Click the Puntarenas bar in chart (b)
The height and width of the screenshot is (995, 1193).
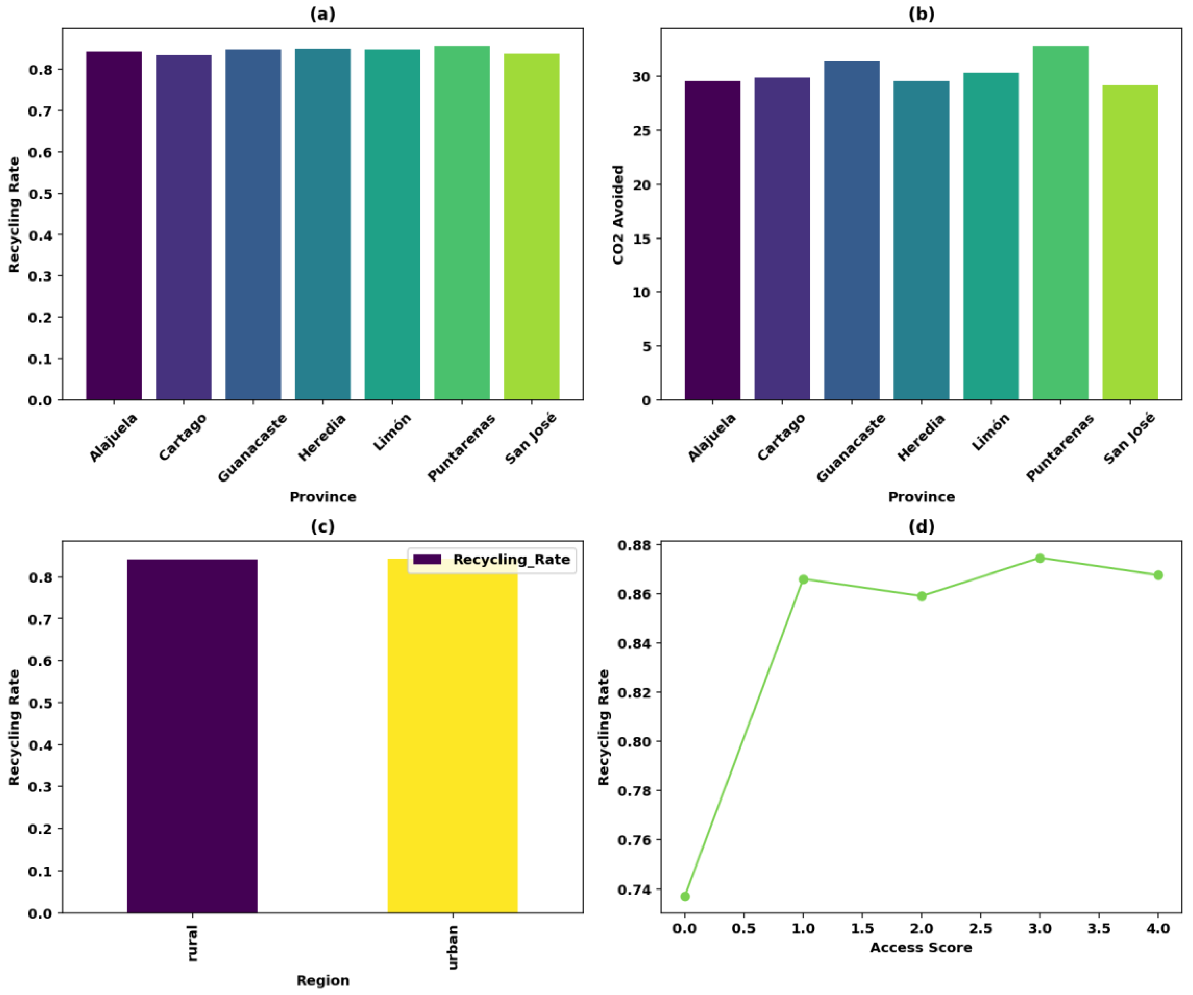[x=1060, y=223]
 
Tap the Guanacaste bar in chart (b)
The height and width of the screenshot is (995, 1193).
[x=851, y=230]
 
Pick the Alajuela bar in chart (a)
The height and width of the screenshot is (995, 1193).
[x=114, y=226]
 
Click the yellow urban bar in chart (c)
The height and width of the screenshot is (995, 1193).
[x=452, y=739]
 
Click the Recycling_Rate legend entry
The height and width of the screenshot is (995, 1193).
[x=492, y=560]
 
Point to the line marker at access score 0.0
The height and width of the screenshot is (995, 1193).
[x=685, y=896]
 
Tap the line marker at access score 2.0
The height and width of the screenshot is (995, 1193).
[x=922, y=596]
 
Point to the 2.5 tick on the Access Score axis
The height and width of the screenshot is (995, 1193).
[x=981, y=928]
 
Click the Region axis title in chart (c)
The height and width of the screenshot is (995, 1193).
[x=323, y=980]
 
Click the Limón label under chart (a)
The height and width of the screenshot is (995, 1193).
[x=392, y=433]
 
